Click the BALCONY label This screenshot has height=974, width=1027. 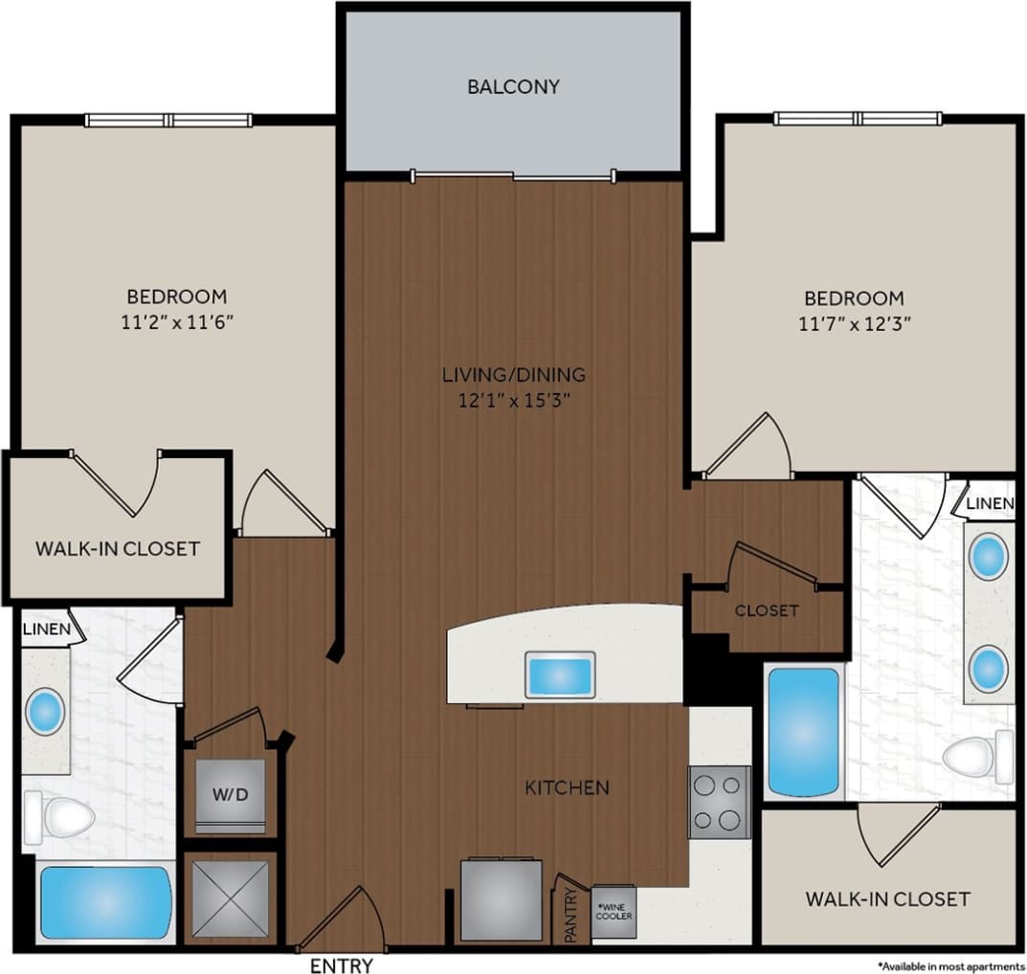tap(513, 87)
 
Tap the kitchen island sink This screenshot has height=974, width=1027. tap(560, 675)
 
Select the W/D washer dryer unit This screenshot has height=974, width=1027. tap(230, 794)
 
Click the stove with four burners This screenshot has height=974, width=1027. tap(719, 802)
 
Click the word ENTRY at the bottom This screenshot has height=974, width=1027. tap(342, 965)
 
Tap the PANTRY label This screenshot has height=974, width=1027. tap(571, 917)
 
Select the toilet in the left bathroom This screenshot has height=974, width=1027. tap(59, 818)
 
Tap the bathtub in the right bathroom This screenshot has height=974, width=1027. tap(803, 732)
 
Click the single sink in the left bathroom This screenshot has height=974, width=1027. tap(45, 713)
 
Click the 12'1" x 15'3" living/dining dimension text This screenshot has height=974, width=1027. tap(513, 401)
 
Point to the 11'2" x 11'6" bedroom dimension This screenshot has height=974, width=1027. tap(178, 322)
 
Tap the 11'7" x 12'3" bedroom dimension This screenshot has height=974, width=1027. tap(853, 323)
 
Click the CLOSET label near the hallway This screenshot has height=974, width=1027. tap(767, 610)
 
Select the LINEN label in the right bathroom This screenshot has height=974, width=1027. tap(990, 503)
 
